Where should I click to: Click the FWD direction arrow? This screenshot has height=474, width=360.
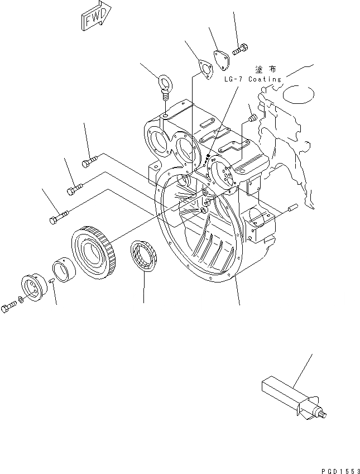[x=95, y=17]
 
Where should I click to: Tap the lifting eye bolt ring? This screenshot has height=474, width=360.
[x=165, y=83]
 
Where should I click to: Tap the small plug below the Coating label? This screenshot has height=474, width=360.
[x=252, y=118]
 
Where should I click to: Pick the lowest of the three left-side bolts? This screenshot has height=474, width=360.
[x=58, y=218]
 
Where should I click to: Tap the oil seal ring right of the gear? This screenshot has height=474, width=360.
[x=145, y=256]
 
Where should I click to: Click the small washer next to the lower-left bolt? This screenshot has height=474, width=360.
[x=21, y=301]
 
